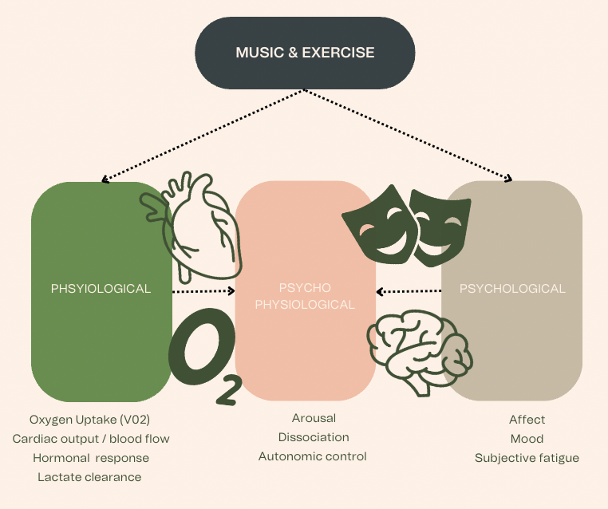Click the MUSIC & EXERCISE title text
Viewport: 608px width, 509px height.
(305, 53)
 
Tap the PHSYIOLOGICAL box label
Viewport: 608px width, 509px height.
(101, 289)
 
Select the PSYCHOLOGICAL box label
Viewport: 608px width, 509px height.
(512, 289)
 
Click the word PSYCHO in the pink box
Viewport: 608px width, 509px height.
(305, 287)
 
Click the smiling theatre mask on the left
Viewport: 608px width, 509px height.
(374, 224)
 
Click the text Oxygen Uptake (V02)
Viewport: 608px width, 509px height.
(89, 420)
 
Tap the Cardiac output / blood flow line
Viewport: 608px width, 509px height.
(91, 439)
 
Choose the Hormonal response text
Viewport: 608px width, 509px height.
(91, 458)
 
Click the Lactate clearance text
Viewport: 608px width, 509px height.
(89, 477)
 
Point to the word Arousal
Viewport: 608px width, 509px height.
(314, 418)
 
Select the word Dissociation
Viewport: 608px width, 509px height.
(314, 437)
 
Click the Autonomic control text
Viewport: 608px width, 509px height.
(313, 456)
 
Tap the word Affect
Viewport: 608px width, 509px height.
(527, 420)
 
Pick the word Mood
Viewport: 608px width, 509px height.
(527, 439)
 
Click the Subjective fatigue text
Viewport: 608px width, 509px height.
(527, 458)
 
